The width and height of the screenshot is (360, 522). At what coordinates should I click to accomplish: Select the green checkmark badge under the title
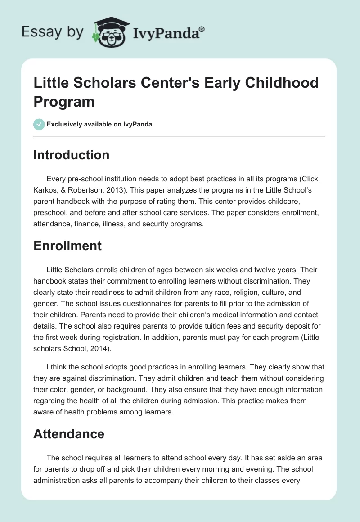point(39,124)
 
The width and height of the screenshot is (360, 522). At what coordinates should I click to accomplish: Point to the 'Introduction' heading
point(72,155)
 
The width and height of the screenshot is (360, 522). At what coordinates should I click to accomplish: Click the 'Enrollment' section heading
point(67,246)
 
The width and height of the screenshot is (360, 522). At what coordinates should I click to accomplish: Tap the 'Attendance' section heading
point(69,434)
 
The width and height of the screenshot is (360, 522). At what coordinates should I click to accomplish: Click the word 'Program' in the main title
point(64,101)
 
